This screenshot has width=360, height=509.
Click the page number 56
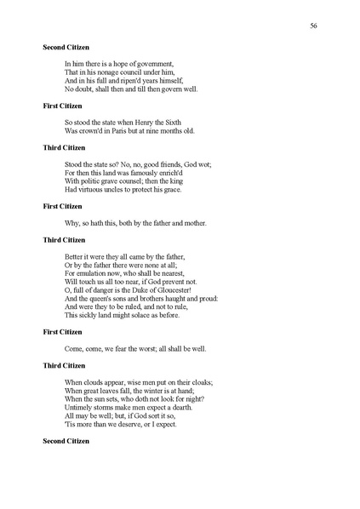click(x=314, y=26)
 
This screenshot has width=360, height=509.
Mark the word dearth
click(x=179, y=407)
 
